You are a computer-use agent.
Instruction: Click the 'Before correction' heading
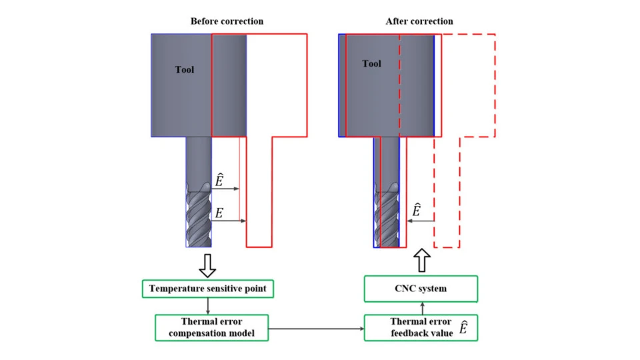pos(227,21)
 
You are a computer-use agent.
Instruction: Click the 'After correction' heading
pos(419,21)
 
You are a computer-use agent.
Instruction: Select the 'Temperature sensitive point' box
pos(208,289)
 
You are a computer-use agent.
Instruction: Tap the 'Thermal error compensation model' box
pos(211,327)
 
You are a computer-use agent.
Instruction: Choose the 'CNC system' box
pos(421,289)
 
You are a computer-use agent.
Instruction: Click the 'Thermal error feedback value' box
pos(421,327)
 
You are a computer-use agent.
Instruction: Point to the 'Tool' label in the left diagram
pos(185,69)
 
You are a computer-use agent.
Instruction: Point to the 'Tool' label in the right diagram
pos(372,64)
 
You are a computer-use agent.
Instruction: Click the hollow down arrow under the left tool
pos(208,264)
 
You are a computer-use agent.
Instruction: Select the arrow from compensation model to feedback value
pos(316,328)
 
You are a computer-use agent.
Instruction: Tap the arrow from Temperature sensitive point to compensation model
pos(208,306)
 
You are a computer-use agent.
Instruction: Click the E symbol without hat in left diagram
pos(219,214)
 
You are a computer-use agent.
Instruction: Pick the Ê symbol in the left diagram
pos(219,180)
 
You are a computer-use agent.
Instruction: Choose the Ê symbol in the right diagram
pos(417,210)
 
